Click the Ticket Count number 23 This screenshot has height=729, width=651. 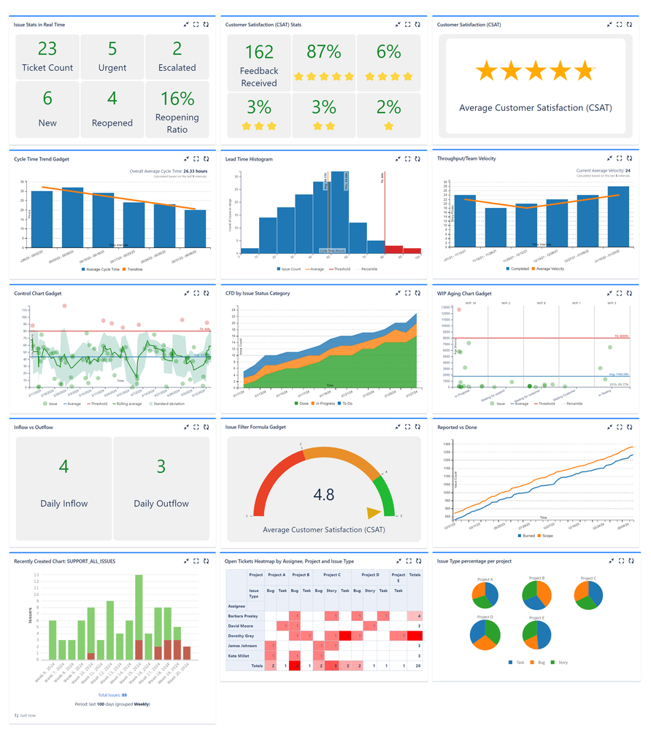(47, 49)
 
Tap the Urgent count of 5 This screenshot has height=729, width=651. (112, 49)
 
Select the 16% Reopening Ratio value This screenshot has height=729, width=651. (177, 98)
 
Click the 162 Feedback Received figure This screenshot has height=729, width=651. (259, 52)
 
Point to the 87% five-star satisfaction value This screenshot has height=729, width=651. (324, 52)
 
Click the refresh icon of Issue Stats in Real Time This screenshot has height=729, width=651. (206, 24)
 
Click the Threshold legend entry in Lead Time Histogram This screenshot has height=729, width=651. (340, 269)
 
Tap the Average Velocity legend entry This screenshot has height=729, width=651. (552, 269)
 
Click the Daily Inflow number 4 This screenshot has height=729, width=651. (63, 466)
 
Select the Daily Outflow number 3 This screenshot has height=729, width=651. (161, 466)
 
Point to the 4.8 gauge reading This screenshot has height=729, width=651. (324, 495)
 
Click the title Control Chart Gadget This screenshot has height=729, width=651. (38, 293)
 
